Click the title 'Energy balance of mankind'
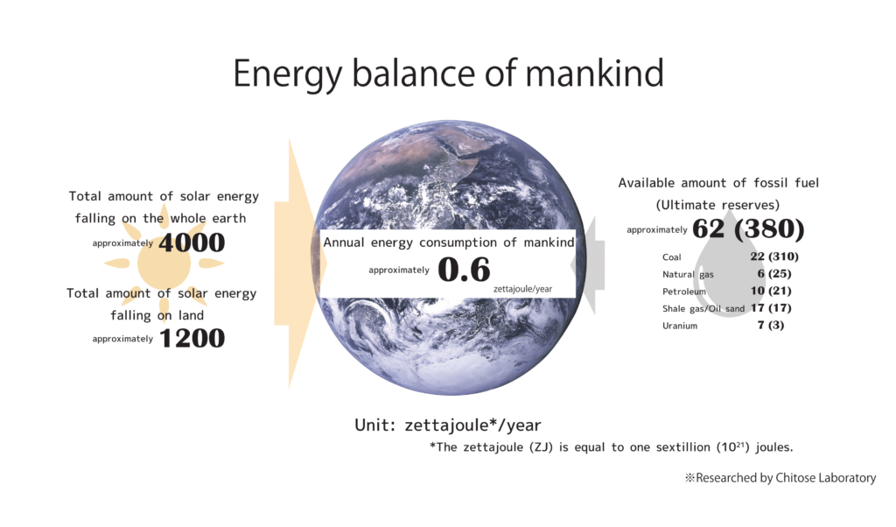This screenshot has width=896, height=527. point(448,74)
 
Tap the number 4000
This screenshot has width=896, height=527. point(192,242)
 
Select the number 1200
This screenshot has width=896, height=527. point(192,338)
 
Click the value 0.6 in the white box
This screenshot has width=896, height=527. point(464,270)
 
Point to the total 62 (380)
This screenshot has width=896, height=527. point(748,228)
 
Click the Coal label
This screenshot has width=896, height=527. point(671,257)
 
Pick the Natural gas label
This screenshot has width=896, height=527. point(688,274)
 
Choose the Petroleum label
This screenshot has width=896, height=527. point(684,292)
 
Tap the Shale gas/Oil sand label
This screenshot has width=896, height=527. point(703,309)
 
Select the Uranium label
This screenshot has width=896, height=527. point(680,326)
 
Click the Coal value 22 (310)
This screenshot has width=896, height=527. point(774,256)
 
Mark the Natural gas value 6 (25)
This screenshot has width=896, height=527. point(774,273)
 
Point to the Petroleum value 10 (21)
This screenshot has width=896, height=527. point(771,291)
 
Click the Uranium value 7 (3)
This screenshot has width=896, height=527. point(771,325)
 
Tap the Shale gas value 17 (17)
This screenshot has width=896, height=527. point(771,307)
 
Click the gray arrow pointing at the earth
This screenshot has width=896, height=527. point(588,265)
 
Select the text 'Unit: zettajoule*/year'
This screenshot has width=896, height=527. point(447,425)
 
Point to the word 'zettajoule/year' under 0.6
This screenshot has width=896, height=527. point(523,289)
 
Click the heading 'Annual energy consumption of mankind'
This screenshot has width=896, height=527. point(449,242)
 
